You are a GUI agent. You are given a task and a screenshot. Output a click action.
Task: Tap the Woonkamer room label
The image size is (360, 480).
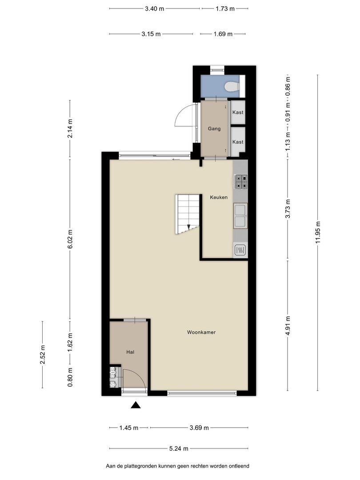[201, 332]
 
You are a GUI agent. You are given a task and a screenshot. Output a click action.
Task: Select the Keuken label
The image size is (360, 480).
[219, 197]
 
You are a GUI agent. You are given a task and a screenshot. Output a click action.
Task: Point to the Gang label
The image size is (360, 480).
[214, 128]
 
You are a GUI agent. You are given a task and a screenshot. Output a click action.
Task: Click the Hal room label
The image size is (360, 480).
[130, 352]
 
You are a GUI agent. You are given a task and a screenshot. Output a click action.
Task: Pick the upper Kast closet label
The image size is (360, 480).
[238, 112]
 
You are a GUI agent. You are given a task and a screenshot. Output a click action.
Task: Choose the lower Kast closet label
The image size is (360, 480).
[238, 142]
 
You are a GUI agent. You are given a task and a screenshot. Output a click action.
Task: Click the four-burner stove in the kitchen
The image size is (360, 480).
[240, 181]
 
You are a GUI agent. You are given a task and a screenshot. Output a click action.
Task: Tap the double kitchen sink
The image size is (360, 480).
[240, 216]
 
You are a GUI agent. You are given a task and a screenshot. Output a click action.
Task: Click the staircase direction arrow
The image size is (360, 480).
[188, 227]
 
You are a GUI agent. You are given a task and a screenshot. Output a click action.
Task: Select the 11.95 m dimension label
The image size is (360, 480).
[318, 232]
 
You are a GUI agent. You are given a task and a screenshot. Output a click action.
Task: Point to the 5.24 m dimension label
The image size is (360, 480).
[179, 448]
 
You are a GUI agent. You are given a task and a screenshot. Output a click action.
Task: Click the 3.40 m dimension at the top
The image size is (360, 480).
[155, 8]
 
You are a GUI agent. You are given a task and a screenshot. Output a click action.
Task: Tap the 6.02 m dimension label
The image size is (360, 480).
[70, 239]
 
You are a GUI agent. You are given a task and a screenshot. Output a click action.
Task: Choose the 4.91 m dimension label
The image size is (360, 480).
[288, 326]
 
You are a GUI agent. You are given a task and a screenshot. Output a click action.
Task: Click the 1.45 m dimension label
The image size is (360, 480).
[129, 428]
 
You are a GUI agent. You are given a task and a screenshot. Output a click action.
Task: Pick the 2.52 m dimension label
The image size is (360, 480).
[43, 355]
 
